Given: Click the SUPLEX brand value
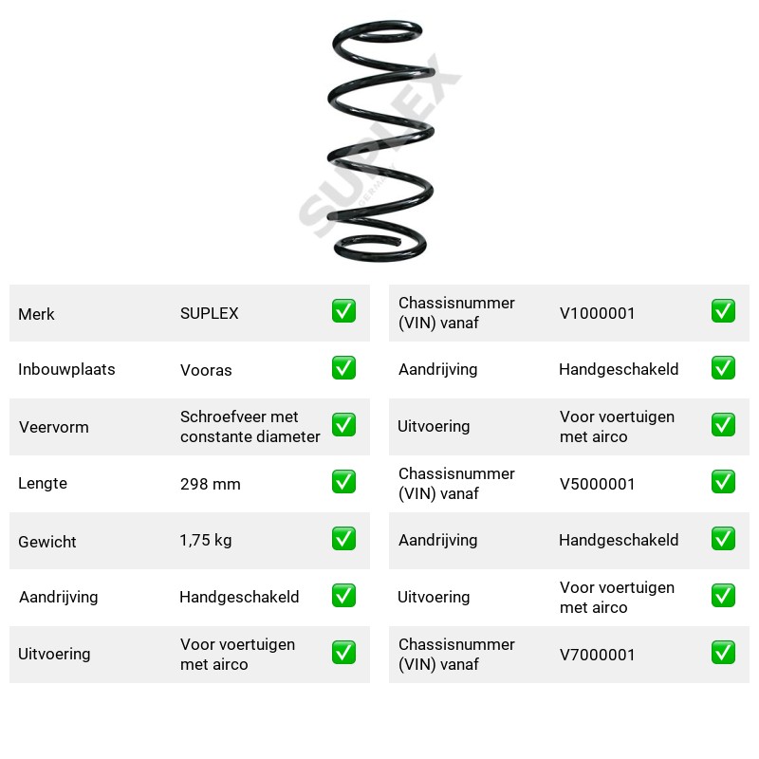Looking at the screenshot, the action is pyautogui.click(x=209, y=313).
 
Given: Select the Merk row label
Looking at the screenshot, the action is pyautogui.click(x=36, y=314).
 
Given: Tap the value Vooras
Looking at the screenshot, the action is pyautogui.click(x=206, y=370).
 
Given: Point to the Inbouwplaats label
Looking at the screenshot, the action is pyautogui.click(x=66, y=369).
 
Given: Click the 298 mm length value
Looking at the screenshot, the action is pyautogui.click(x=210, y=484).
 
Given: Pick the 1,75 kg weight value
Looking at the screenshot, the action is pyautogui.click(x=206, y=540).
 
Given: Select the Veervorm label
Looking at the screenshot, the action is pyautogui.click(x=54, y=427).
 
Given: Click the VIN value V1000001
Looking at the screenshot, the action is pyautogui.click(x=597, y=313).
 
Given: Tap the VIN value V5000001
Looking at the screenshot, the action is pyautogui.click(x=597, y=484).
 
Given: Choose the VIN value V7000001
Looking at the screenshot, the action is pyautogui.click(x=597, y=655).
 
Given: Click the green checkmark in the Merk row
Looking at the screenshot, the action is pyautogui.click(x=343, y=311).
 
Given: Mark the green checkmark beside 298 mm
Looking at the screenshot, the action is pyautogui.click(x=343, y=482).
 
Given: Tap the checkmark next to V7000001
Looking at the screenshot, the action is pyautogui.click(x=723, y=653).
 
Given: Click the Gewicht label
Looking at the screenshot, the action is pyautogui.click(x=47, y=542).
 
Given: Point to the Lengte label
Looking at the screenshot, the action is pyautogui.click(x=43, y=483).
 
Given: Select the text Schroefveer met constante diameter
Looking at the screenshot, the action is pyautogui.click(x=250, y=426).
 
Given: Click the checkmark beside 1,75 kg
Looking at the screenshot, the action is pyautogui.click(x=343, y=539).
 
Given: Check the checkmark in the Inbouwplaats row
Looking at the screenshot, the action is pyautogui.click(x=343, y=368).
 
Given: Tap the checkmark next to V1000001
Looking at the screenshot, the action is pyautogui.click(x=723, y=311).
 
